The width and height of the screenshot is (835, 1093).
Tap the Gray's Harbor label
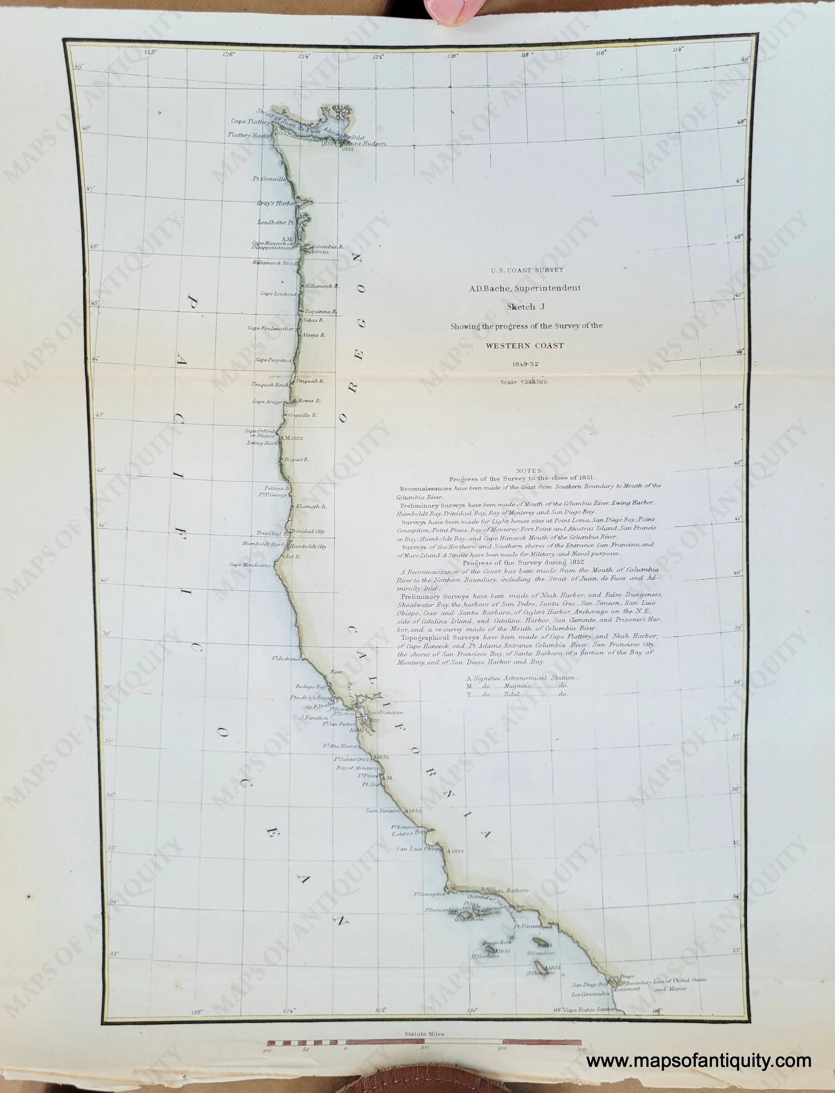[x=276, y=203]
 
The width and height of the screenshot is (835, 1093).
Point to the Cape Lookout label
[x=278, y=294]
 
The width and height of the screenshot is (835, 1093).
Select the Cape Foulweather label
[x=270, y=328]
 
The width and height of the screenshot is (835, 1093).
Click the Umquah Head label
[x=269, y=384]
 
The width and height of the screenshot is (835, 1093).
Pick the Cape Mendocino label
[x=250, y=564]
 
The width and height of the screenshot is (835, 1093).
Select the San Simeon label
[x=383, y=810]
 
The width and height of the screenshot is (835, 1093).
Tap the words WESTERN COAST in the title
[x=525, y=345]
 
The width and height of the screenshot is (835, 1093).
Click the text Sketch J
[x=525, y=306]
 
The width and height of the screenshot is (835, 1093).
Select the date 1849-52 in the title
[x=525, y=364]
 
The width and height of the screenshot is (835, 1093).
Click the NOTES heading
[x=529, y=470]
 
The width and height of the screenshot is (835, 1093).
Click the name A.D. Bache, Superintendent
[x=524, y=288]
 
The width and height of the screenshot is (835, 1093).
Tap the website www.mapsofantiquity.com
[x=698, y=1061]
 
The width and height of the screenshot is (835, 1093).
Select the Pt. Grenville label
[x=269, y=179]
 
